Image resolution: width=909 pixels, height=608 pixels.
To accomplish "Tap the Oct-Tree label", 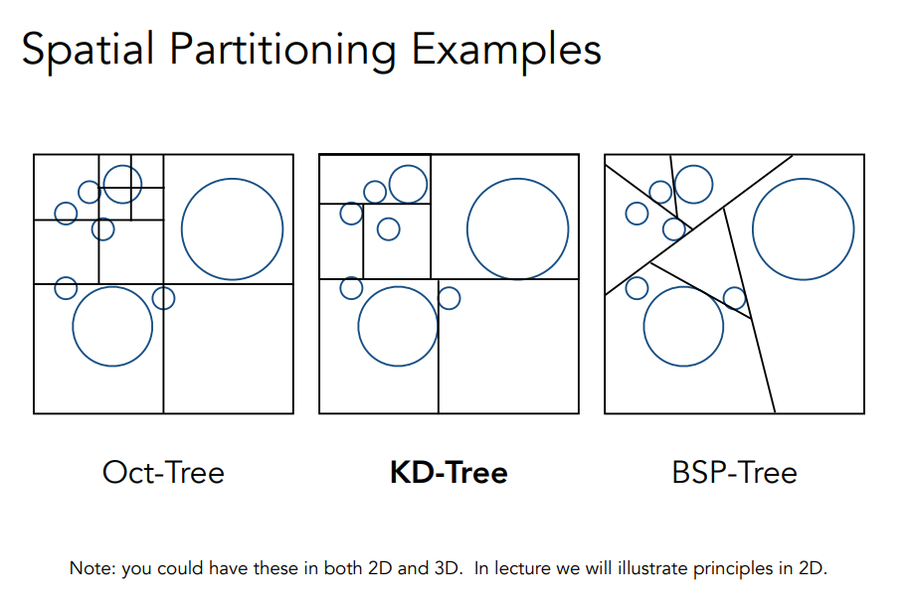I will click(x=163, y=472).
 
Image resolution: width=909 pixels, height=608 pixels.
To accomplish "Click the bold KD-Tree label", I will click(x=449, y=472).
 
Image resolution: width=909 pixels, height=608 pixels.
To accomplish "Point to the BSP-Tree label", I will click(x=734, y=472).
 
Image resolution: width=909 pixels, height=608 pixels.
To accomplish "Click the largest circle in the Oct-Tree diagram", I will click(x=232, y=228).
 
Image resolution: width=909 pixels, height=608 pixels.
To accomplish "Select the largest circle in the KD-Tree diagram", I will click(x=517, y=228).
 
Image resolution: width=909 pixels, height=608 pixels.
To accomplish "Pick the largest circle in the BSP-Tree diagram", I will click(x=803, y=228).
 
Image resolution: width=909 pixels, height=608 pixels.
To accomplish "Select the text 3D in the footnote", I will click(x=449, y=569).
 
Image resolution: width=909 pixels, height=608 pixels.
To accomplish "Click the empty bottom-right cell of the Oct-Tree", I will click(x=228, y=348).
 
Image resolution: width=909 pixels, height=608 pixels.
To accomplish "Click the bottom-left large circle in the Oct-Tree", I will click(x=112, y=326).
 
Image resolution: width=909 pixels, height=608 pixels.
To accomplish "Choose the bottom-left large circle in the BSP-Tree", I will click(x=683, y=326).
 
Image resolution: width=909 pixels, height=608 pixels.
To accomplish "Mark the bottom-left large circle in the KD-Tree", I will click(x=398, y=326).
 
